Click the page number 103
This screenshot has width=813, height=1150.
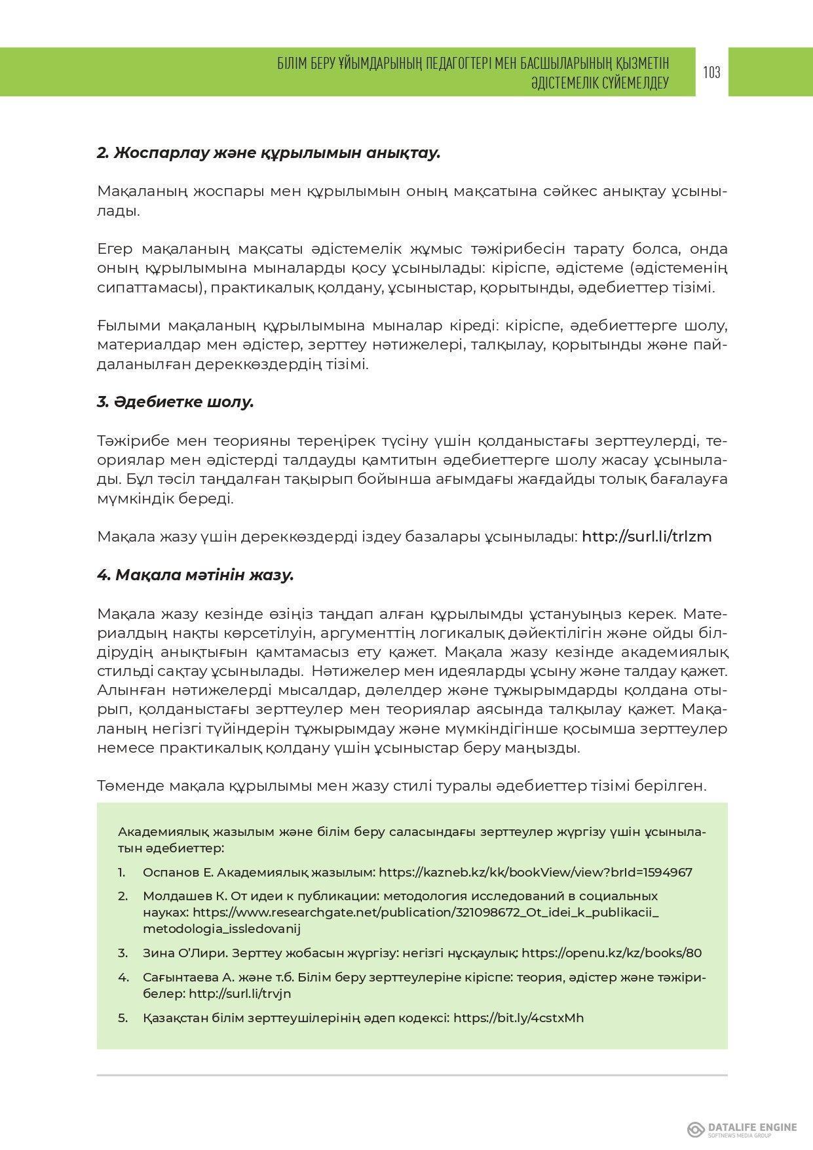pos(711,72)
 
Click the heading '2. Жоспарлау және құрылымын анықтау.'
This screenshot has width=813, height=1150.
pos(269,153)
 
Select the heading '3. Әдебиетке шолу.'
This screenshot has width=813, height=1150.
pos(175,402)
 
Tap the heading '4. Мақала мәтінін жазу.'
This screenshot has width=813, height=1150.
pos(195,575)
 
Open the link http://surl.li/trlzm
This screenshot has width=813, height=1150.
pos(646,536)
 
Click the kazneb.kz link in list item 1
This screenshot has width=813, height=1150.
pos(535,872)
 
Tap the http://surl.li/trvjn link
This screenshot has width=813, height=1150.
pos(240,993)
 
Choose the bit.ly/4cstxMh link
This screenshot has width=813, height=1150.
pos(518,1018)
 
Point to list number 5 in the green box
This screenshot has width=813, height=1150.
pos(122,1018)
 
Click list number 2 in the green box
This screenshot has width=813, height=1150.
pos(123,896)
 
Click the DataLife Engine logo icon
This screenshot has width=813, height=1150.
pos(695,1129)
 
